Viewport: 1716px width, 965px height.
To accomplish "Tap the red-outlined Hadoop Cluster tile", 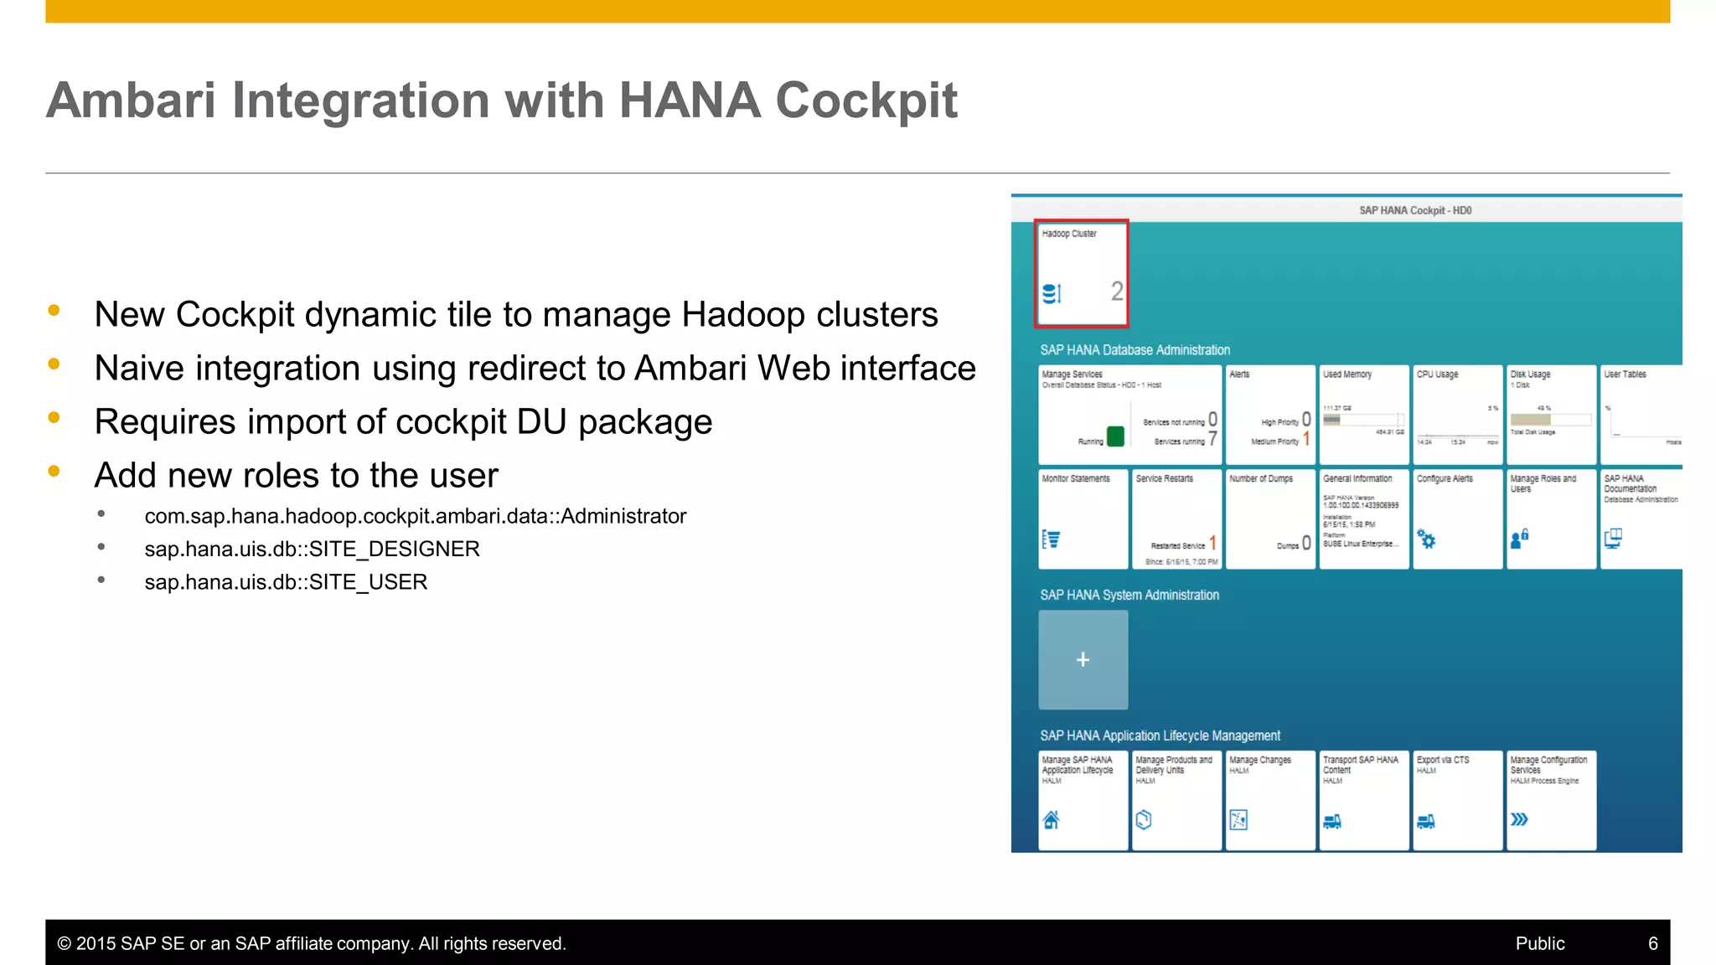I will point(1082,273).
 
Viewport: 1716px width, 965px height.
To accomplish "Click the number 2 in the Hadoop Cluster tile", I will point(1116,292).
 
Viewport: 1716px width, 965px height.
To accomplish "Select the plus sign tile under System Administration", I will point(1083,660).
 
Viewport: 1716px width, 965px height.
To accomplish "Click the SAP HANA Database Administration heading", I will point(1135,350).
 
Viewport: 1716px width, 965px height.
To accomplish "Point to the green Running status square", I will point(1115,436).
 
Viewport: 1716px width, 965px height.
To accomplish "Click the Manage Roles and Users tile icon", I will point(1519,539).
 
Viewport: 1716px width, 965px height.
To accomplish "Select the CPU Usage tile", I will point(1457,415).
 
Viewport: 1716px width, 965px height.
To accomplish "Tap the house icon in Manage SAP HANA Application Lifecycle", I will point(1051,820).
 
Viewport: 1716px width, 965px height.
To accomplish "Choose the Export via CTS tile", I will point(1457,800).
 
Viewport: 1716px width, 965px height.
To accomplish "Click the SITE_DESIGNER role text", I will point(312,550).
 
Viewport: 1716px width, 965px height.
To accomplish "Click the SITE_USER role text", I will point(286,582).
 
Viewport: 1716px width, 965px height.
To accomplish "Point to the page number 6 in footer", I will point(1652,944).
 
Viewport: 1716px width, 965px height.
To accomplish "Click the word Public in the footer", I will point(1539,944).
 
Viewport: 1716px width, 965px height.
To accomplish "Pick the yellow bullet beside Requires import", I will point(54,417).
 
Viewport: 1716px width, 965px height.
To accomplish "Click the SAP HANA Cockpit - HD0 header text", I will point(1414,210).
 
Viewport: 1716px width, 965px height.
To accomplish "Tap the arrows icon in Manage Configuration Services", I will point(1518,819).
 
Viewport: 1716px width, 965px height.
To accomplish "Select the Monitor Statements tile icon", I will point(1051,539).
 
